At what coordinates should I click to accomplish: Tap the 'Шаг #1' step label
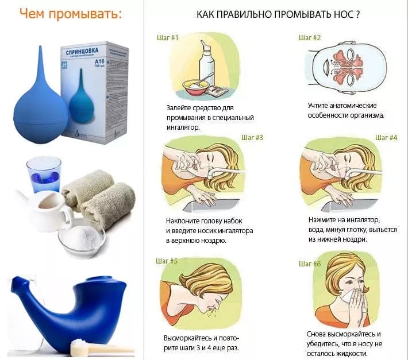point(167,38)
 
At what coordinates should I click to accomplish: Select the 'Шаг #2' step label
point(309,38)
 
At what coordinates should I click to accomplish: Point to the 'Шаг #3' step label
point(252,138)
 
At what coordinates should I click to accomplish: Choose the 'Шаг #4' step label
point(386,138)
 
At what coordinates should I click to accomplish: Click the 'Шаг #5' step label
point(167,261)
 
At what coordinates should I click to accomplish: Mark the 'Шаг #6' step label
point(310,264)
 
